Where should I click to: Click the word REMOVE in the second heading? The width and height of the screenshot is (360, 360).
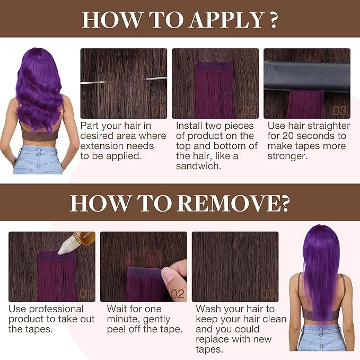230,203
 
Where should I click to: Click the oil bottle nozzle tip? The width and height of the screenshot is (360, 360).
59,253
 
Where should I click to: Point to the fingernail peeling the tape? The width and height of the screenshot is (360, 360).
168,275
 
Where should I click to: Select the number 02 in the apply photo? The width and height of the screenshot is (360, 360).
249,111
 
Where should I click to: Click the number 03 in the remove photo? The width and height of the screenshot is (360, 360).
268,294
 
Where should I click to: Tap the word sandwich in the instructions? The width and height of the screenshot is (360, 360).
198,166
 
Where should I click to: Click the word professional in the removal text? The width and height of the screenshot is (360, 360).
56,309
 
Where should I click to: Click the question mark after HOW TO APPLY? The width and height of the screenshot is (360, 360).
273,20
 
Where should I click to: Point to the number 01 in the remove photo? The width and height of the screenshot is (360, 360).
86,294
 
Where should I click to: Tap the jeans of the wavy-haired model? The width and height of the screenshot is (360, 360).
38,160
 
